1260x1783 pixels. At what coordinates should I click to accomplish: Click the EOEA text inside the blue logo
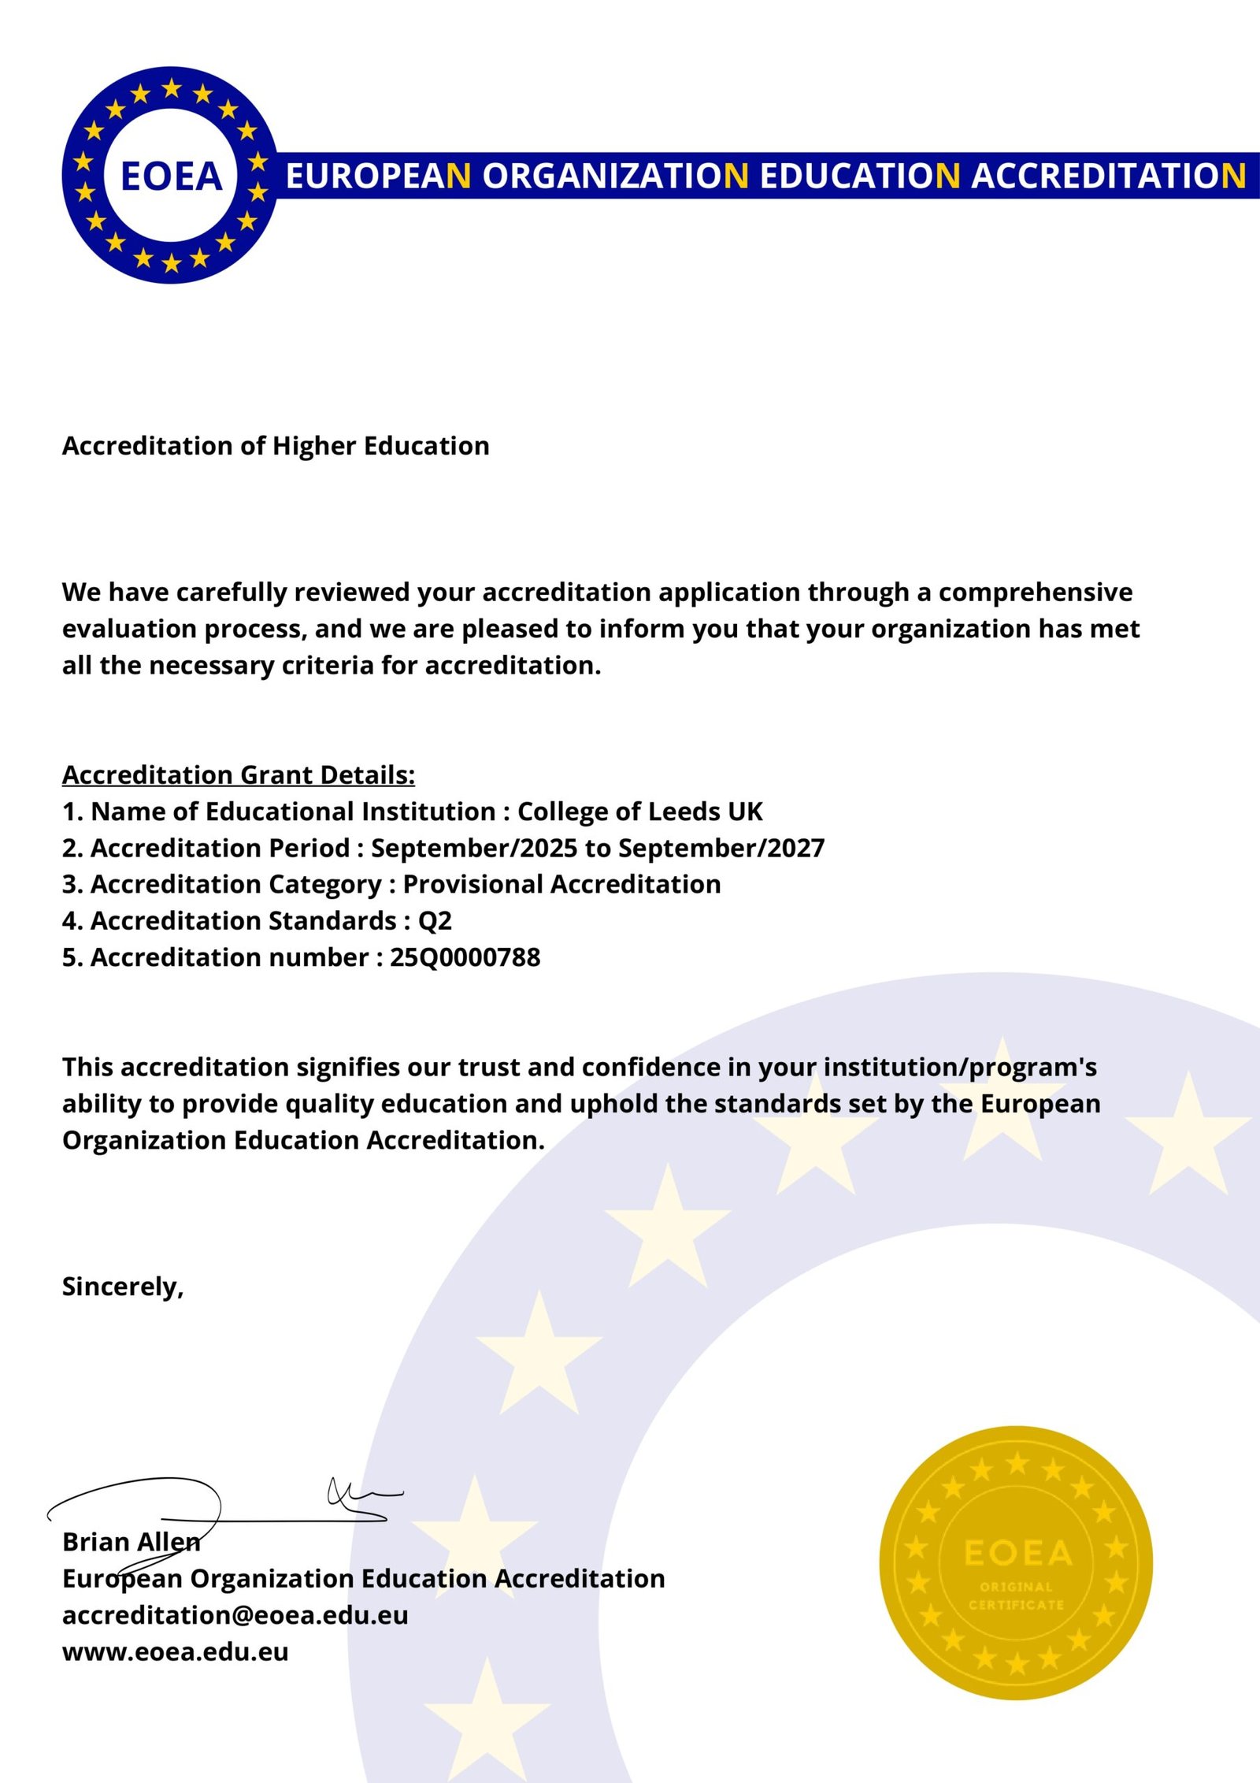172,176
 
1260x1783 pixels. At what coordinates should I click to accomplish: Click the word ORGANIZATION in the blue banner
615,176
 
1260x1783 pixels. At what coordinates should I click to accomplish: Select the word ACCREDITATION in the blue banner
1109,176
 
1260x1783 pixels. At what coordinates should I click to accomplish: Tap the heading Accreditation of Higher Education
276,446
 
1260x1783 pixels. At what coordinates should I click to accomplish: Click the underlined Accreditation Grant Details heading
238,775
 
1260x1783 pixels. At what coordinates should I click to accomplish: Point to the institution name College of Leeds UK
639,812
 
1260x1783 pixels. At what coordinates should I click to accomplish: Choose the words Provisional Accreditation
561,884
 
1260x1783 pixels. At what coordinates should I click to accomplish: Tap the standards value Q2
435,921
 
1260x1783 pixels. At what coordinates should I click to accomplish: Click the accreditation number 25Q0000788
465,957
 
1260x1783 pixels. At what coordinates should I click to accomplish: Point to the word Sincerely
122,1287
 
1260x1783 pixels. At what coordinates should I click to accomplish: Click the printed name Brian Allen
131,1542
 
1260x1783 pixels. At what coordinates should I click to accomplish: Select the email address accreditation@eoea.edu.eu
235,1615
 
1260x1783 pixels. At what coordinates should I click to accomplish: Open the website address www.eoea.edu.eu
175,1651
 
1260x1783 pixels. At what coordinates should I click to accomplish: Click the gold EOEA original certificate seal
1016,1563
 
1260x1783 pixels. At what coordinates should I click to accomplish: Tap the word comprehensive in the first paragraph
1035,592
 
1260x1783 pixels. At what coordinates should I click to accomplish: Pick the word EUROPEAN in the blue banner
378,176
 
